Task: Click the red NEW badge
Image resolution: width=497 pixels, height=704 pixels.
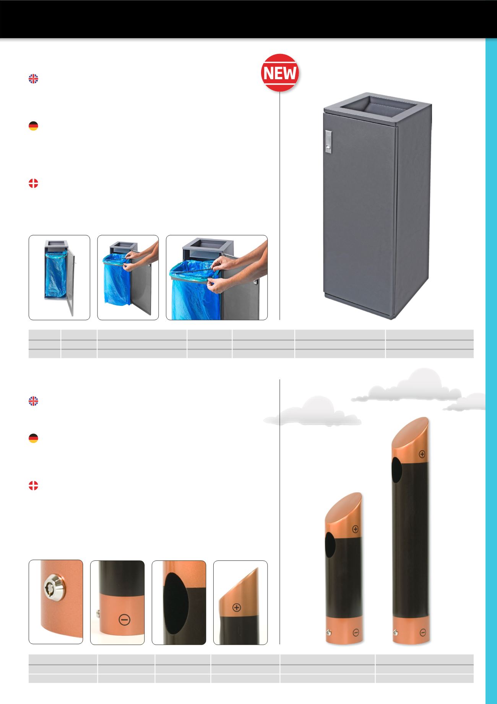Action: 280,73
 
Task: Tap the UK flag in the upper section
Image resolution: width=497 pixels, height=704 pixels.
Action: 34,79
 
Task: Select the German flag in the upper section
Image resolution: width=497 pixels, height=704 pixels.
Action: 34,126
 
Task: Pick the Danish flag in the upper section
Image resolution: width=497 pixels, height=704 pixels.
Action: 34,184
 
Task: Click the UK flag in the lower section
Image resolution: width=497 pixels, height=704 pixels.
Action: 34,401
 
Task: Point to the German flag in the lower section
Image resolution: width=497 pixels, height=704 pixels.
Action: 34,438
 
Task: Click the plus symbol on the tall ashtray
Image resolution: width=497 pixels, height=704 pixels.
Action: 422,454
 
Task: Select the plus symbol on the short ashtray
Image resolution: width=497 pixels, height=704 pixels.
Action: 355,529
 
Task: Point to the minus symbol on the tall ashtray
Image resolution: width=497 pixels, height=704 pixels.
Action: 422,632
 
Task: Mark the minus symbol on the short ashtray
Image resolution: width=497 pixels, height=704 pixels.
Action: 356,632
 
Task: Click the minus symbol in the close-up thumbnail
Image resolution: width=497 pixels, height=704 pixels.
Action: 125,620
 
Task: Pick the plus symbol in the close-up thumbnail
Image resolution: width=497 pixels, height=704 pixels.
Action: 237,607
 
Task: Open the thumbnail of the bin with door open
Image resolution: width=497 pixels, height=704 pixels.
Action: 59,278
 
